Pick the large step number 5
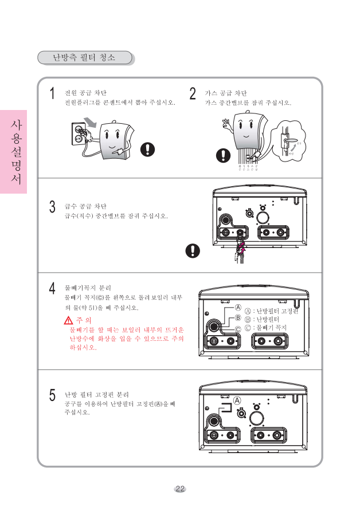click(x=52, y=396)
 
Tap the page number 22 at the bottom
click(x=180, y=489)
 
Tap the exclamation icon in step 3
click(x=195, y=251)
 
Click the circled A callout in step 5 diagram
click(x=237, y=400)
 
